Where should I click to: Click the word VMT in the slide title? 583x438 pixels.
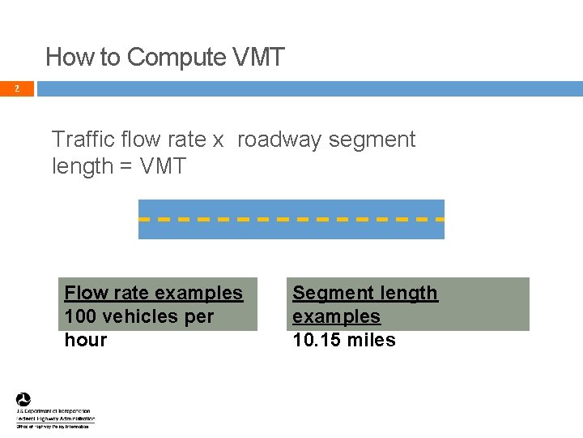pos(258,58)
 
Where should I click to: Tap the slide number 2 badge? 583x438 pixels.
pos(16,88)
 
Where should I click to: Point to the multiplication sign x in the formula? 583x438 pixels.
pos(218,140)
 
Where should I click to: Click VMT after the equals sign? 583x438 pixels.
pos(163,166)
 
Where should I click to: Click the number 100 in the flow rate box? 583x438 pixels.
pos(81,316)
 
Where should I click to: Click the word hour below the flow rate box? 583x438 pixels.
pos(86,340)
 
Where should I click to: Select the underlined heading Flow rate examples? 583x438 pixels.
pos(153,293)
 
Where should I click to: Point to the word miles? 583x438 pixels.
pos(371,340)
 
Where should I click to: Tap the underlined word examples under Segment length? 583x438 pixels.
pos(336,316)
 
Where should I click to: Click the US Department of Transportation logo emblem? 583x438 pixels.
pos(23,399)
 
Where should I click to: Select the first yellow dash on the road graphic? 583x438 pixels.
pos(146,219)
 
